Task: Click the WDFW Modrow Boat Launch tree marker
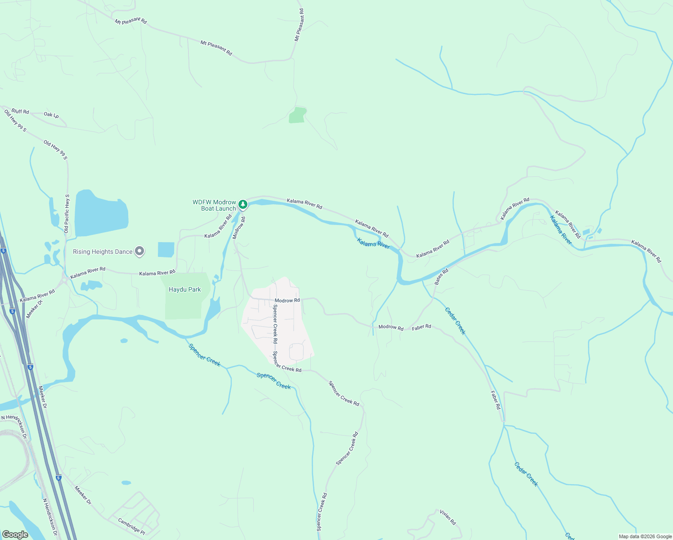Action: tap(243, 205)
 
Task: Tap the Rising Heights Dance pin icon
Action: tap(139, 251)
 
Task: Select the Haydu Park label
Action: tap(185, 290)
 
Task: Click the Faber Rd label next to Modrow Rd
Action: tap(422, 327)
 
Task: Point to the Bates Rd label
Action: tap(441, 277)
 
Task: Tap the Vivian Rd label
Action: tap(448, 517)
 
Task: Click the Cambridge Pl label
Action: tap(131, 526)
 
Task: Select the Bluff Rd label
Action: tap(20, 111)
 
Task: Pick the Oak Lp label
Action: tap(51, 115)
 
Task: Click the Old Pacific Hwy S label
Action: tap(67, 214)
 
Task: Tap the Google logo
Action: tap(15, 534)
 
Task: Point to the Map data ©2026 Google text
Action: tap(645, 536)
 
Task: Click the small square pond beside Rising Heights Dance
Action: tap(166, 249)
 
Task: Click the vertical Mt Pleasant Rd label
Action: tap(299, 25)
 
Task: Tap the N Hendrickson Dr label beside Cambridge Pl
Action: tap(50, 517)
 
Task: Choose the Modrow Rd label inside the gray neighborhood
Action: tap(287, 300)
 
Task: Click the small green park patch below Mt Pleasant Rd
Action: tap(297, 115)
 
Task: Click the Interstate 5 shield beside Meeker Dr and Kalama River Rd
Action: tap(12, 311)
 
